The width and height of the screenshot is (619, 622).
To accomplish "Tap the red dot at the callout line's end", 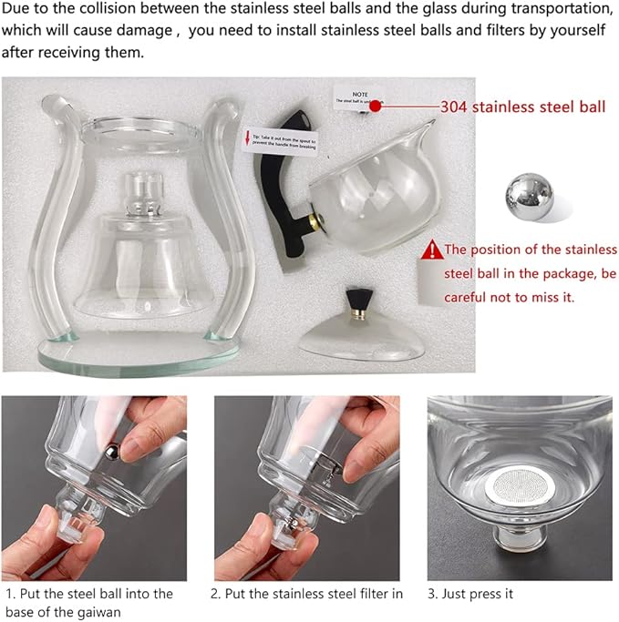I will click(x=375, y=107).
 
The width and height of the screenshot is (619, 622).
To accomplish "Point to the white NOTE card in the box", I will click(x=355, y=95).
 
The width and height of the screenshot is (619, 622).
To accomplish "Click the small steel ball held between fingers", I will click(x=112, y=449).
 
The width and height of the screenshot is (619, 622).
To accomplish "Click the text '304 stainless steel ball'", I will click(x=522, y=107).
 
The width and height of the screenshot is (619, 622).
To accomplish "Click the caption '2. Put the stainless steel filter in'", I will click(x=306, y=594).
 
